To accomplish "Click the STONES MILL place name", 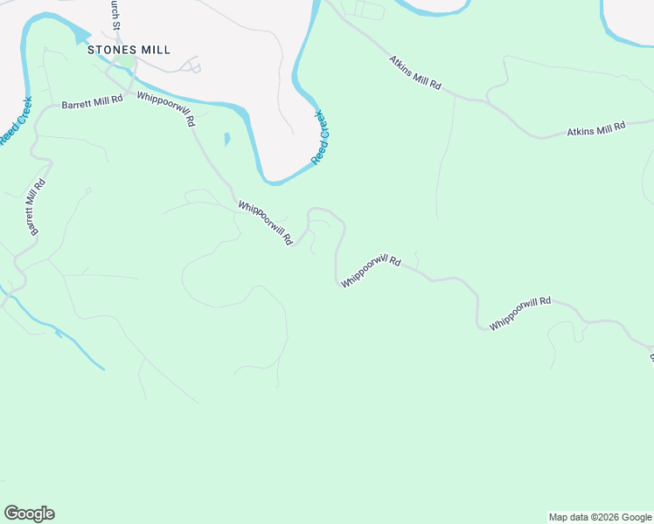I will tap(129, 50).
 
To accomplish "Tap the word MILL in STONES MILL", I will tap(154, 50).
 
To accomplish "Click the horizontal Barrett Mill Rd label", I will tap(93, 102).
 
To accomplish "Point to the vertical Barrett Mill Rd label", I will tap(36, 206).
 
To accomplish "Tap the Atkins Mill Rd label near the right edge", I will tap(596, 128).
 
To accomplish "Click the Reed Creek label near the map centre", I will tap(322, 136).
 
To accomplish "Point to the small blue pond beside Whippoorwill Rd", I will tap(227, 138).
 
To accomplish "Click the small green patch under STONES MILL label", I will tap(128, 65).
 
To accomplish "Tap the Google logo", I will tap(29, 514).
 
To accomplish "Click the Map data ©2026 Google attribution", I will tap(599, 517).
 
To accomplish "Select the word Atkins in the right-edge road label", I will tap(581, 131).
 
